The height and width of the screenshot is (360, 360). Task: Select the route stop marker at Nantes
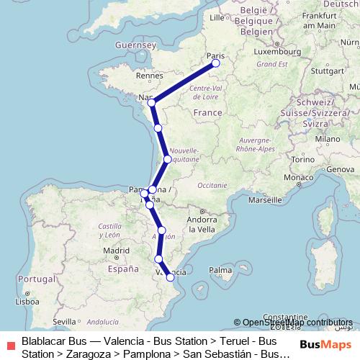coord(151,103)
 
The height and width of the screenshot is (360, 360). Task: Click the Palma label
coord(220,271)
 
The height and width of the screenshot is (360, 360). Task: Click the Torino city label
coord(302,158)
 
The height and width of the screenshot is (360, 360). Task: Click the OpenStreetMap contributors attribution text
coord(297,323)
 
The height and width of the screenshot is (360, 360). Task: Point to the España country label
coord(122,269)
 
